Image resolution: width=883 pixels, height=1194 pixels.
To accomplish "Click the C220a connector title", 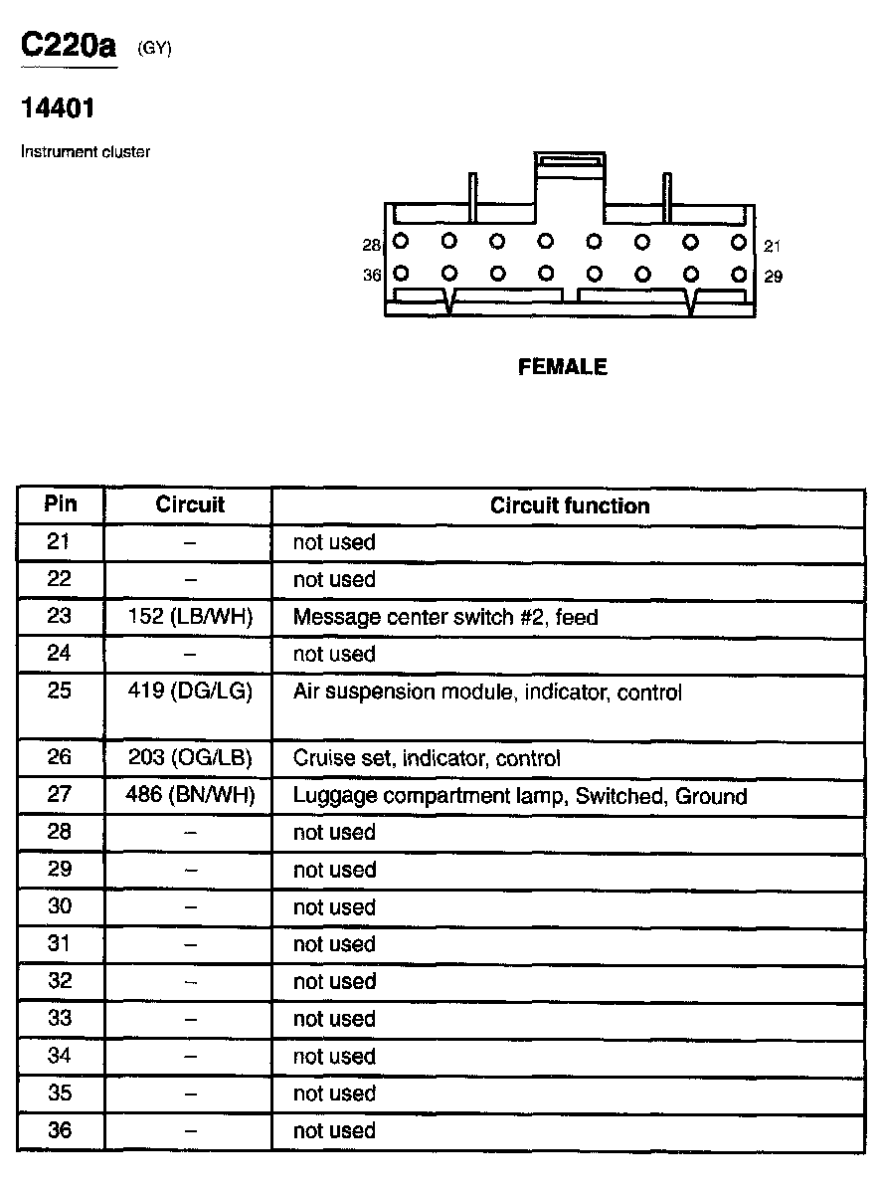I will pyautogui.click(x=69, y=47).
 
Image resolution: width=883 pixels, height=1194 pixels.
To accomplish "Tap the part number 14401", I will pyautogui.click(x=58, y=107).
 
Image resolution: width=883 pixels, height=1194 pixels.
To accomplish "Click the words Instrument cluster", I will pyautogui.click(x=86, y=152).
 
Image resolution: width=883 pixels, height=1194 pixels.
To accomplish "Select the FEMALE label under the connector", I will pyautogui.click(x=563, y=367).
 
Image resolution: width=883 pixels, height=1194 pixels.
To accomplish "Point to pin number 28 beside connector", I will pyautogui.click(x=372, y=244).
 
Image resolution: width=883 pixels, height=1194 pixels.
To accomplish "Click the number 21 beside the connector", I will pyautogui.click(x=772, y=245).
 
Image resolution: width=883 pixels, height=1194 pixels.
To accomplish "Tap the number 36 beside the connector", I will pyautogui.click(x=372, y=276).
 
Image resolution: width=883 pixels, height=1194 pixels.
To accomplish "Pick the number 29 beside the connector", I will pyautogui.click(x=773, y=277).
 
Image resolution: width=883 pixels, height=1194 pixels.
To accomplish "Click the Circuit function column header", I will pyautogui.click(x=569, y=505).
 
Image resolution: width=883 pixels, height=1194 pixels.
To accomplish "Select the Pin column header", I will pyautogui.click(x=60, y=503).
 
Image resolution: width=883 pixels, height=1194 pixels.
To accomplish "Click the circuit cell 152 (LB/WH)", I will pyautogui.click(x=190, y=617).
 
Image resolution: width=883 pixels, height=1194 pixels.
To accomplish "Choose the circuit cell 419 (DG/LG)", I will pyautogui.click(x=190, y=692).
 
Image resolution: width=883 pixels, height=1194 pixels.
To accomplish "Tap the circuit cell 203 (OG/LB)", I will pyautogui.click(x=190, y=758).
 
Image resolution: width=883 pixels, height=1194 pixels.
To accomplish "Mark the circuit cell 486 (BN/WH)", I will pyautogui.click(x=190, y=796).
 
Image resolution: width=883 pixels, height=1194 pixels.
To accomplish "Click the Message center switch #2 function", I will pyautogui.click(x=445, y=617).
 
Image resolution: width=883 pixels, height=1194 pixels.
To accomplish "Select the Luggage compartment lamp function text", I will pyautogui.click(x=519, y=796).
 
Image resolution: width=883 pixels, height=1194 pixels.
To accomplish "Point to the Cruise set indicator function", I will pyautogui.click(x=427, y=758).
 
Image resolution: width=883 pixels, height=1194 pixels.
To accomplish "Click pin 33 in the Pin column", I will pyautogui.click(x=60, y=1019).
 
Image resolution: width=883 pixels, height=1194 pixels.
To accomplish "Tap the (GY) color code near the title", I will pyautogui.click(x=155, y=49).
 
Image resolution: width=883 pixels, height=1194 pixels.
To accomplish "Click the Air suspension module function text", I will pyautogui.click(x=487, y=692).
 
